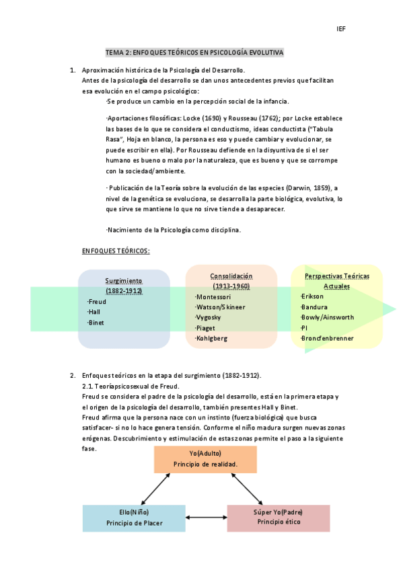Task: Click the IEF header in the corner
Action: tap(340, 29)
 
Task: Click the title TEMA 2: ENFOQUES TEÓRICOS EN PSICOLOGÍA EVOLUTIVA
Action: tap(194, 52)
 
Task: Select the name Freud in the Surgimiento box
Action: tap(97, 301)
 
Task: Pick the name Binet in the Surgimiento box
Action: tap(96, 323)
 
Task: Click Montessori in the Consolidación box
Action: tap(213, 296)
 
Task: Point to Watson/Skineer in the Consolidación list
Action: tap(220, 307)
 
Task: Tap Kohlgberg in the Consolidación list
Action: tap(211, 338)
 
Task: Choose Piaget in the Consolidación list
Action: tap(205, 328)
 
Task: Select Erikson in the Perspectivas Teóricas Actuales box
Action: tap(312, 296)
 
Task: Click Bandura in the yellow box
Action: tap(314, 307)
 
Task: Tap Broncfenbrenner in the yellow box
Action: tap(327, 338)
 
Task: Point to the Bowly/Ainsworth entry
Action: tap(327, 317)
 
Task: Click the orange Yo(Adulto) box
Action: tap(205, 459)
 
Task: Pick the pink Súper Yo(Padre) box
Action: tap(278, 518)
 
